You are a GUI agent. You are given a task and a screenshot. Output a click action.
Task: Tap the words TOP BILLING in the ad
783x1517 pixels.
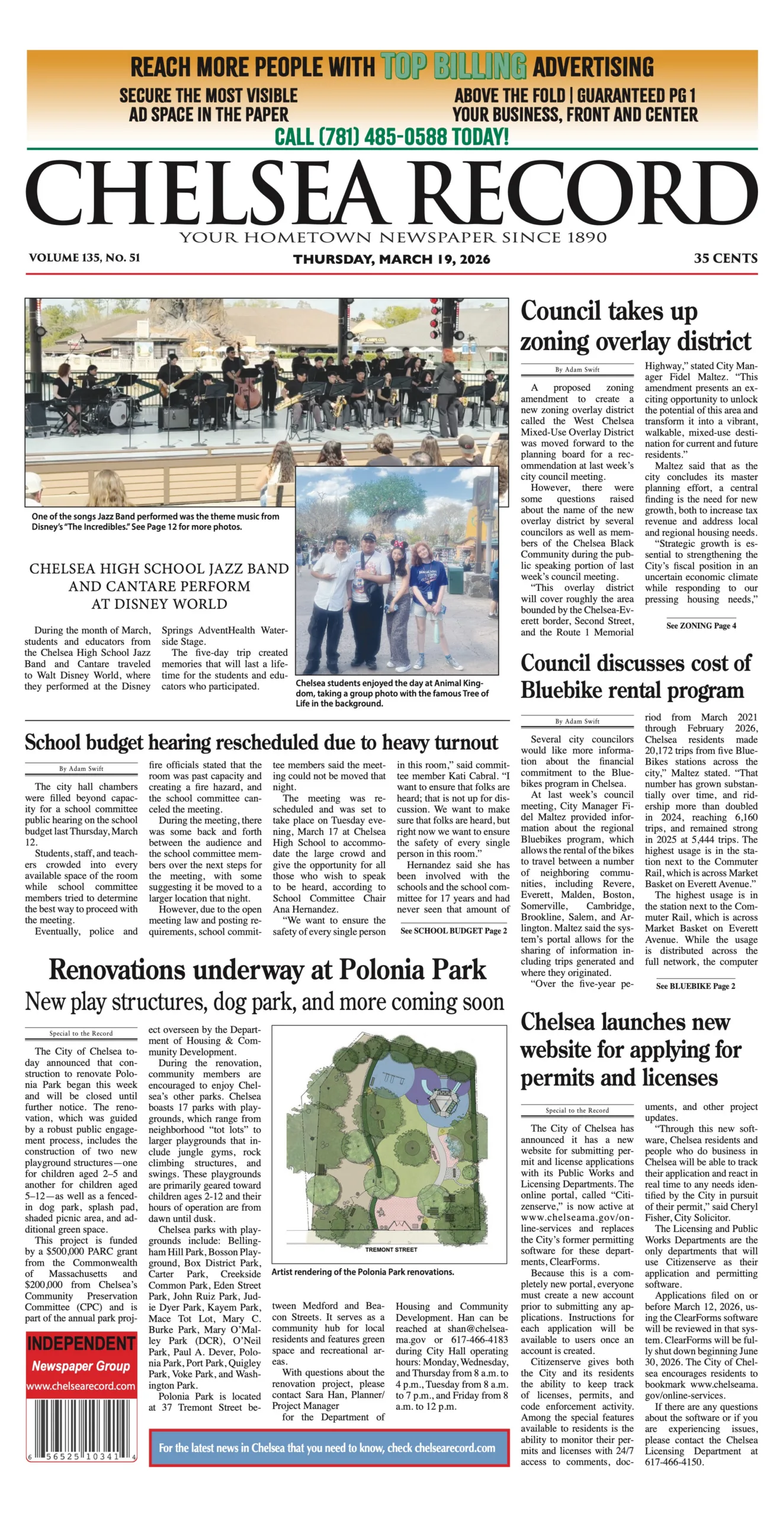(453, 66)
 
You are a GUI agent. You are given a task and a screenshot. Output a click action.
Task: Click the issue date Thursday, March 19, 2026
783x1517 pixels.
(391, 259)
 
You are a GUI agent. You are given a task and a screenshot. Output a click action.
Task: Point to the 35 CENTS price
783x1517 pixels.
(725, 258)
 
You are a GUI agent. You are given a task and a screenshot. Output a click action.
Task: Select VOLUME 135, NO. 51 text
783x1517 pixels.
(84, 258)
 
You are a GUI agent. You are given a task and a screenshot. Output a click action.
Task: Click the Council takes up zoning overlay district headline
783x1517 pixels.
(635, 327)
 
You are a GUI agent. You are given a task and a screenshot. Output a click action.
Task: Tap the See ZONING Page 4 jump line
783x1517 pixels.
(701, 626)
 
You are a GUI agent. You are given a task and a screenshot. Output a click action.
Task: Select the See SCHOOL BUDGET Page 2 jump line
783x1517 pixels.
(453, 931)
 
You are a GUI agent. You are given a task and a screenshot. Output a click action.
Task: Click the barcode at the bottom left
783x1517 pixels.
(81, 1430)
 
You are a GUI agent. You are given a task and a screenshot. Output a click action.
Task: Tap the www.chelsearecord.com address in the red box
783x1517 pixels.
(81, 1386)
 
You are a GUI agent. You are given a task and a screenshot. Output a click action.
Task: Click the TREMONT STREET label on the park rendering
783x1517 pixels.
(391, 1250)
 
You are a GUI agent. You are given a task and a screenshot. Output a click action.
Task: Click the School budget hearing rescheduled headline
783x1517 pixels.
(261, 743)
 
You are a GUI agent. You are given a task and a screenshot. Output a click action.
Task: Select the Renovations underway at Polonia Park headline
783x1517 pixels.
(267, 970)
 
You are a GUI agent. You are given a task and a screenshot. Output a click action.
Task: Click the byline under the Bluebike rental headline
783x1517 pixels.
(577, 721)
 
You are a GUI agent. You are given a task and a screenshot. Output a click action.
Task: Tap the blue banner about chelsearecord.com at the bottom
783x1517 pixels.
(329, 1448)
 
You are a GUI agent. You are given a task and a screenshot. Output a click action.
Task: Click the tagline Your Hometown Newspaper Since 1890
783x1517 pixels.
(393, 238)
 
